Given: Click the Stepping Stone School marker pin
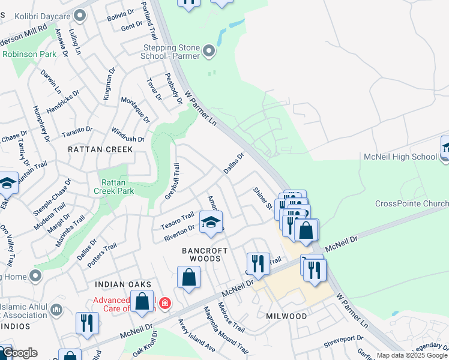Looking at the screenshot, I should click(x=209, y=52).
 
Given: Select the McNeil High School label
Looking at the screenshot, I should click(x=400, y=157).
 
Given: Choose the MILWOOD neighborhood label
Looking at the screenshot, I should click(x=286, y=316).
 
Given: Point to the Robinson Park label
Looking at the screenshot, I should click(x=25, y=53).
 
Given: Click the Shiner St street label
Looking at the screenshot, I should click(x=263, y=198).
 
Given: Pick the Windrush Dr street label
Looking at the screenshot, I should click(x=128, y=134).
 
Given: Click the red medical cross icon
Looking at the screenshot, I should click(x=164, y=304).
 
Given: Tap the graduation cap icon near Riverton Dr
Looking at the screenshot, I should click(x=210, y=222).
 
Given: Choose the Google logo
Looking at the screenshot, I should click(x=20, y=353).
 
